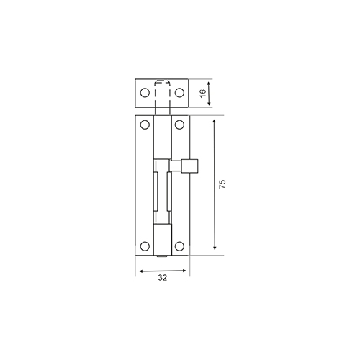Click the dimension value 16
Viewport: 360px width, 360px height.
(x=203, y=93)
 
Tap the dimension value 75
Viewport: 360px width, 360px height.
(x=222, y=184)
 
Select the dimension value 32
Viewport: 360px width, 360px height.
(x=163, y=278)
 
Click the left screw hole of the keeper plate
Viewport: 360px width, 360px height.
(x=145, y=93)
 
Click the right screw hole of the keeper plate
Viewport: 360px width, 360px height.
(x=179, y=93)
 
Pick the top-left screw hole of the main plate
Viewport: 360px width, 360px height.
(x=145, y=125)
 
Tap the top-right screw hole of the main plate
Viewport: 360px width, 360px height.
(x=179, y=125)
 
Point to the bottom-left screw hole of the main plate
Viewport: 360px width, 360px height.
(x=145, y=246)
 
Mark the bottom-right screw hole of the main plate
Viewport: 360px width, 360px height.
(x=179, y=246)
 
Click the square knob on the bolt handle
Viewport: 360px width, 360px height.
(x=190, y=166)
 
